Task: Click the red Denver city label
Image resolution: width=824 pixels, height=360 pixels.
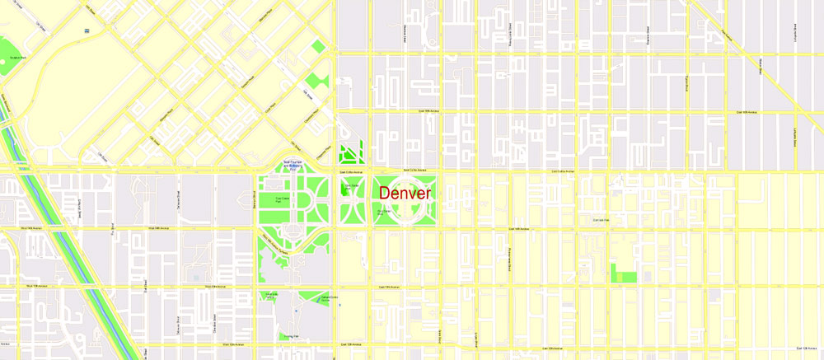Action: pyautogui.click(x=405, y=194)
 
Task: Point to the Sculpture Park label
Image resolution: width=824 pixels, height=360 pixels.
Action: pyautogui.click(x=16, y=58)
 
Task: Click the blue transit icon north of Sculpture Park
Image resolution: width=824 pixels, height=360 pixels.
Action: pyautogui.click(x=87, y=30)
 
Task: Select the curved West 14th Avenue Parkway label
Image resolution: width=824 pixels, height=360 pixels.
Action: pyautogui.click(x=274, y=241)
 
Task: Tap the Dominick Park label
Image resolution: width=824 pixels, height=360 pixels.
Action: pyautogui.click(x=601, y=220)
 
